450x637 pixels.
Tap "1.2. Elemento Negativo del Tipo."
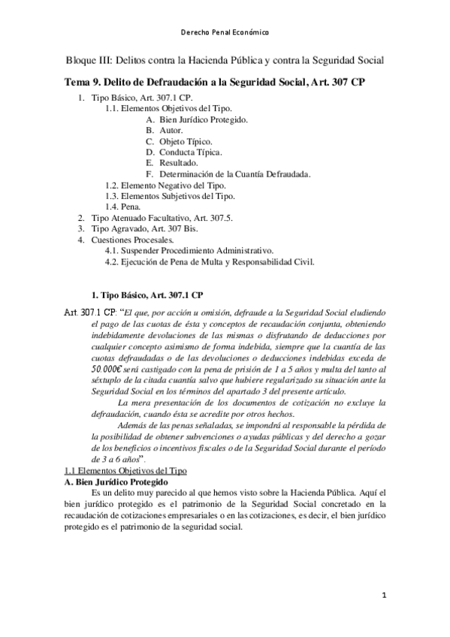click(166, 185)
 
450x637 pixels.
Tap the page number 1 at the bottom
click(383, 596)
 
